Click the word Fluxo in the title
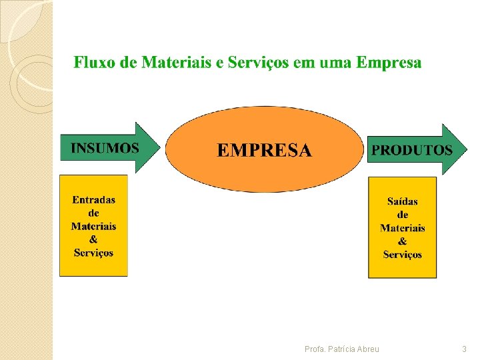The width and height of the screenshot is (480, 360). click(92, 63)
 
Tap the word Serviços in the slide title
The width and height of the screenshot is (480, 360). click(258, 63)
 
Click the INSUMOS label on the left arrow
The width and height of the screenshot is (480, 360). click(105, 147)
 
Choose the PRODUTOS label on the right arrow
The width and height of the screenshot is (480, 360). click(411, 150)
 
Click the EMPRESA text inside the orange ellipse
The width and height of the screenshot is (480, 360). click(264, 150)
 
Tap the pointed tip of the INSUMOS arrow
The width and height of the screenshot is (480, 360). click(160, 147)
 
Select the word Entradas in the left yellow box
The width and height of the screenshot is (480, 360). click(93, 199)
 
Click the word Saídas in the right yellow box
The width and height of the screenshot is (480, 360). click(402, 201)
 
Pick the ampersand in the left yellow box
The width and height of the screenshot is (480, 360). click(93, 239)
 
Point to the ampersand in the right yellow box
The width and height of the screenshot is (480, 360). click(402, 241)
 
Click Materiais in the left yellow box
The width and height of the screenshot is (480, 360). click(93, 226)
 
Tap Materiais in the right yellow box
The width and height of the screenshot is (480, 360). click(402, 228)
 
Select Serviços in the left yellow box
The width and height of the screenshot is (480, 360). click(93, 253)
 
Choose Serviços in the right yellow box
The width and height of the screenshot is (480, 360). click(402, 255)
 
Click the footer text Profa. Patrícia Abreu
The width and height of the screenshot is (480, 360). click(341, 349)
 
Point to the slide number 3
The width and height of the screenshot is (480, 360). click(464, 349)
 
